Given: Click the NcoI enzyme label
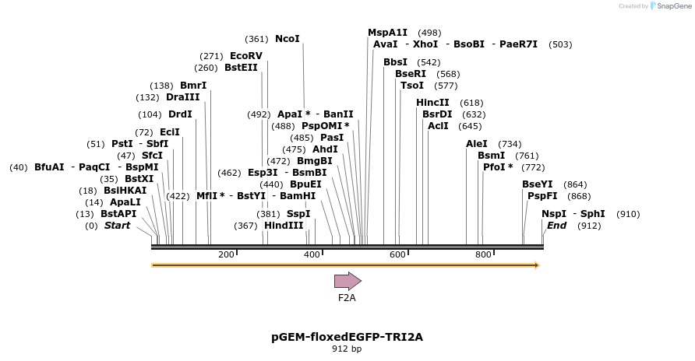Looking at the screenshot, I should pyautogui.click(x=288, y=39).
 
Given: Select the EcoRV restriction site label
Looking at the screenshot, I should pyautogui.click(x=246, y=56).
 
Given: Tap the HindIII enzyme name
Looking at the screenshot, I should pyautogui.click(x=284, y=226).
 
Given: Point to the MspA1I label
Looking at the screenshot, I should pyautogui.click(x=388, y=33).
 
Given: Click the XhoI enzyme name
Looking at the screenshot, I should pyautogui.click(x=425, y=44).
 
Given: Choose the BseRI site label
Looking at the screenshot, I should pyautogui.click(x=411, y=74).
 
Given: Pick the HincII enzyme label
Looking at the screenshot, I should pyautogui.click(x=432, y=103).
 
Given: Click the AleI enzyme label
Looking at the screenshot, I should pyautogui.click(x=477, y=144).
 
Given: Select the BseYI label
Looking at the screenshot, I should pyautogui.click(x=538, y=184).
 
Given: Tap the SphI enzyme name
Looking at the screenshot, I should pyautogui.click(x=592, y=214).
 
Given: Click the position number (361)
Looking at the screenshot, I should pyautogui.click(x=256, y=39).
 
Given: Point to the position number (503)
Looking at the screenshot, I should pyautogui.click(x=560, y=44).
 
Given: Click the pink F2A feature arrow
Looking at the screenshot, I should pyautogui.click(x=347, y=281).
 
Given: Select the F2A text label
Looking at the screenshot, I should pyautogui.click(x=347, y=297).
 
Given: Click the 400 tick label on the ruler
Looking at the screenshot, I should pyautogui.click(x=312, y=254).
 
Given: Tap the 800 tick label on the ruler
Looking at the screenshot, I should pyautogui.click(x=483, y=254).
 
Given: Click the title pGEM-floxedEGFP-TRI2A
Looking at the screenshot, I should pyautogui.click(x=347, y=337).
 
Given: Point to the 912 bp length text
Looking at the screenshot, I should pyautogui.click(x=347, y=349).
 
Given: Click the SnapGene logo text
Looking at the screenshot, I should pyautogui.click(x=674, y=6).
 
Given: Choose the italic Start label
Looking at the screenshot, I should pyautogui.click(x=118, y=226).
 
